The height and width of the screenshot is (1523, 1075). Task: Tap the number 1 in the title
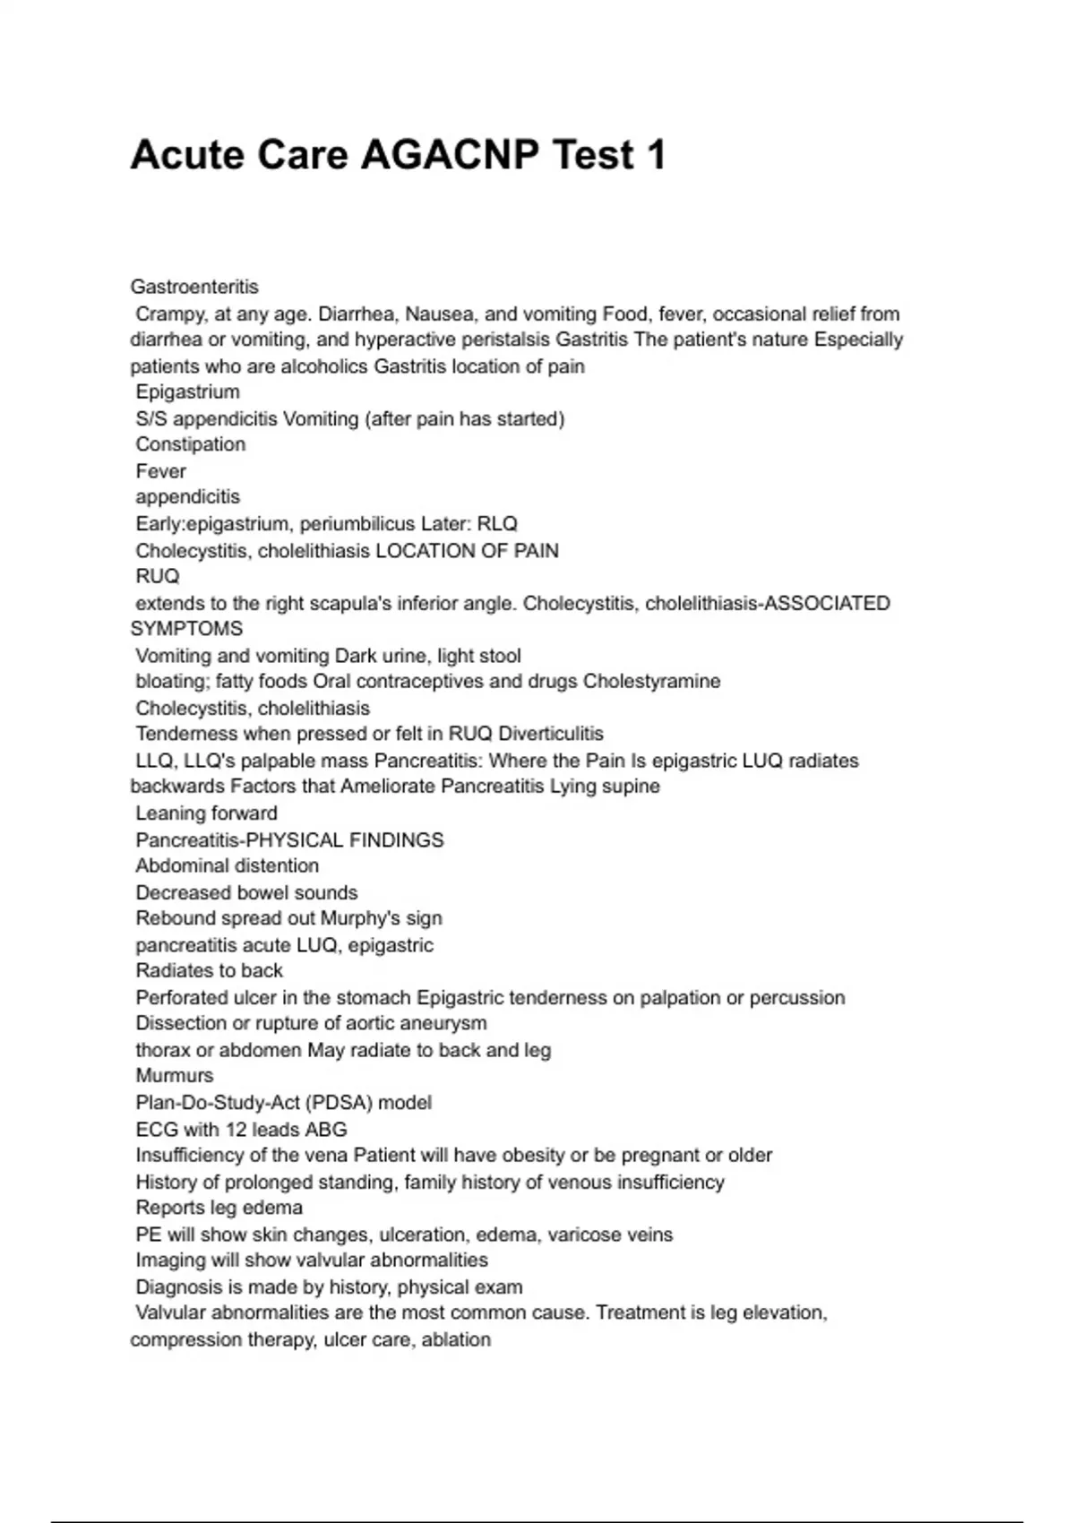[655, 155]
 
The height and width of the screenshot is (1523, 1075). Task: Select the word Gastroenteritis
[194, 287]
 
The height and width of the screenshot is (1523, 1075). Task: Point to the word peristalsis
[506, 340]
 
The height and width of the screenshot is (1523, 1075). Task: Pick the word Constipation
[190, 444]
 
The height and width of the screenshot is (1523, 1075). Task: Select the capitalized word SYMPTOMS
[186, 629]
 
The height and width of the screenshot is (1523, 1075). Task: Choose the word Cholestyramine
[651, 681]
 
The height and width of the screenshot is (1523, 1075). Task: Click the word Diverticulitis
[550, 734]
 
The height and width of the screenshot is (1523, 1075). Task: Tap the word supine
[632, 787]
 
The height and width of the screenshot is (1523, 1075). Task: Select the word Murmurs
[175, 1076]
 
